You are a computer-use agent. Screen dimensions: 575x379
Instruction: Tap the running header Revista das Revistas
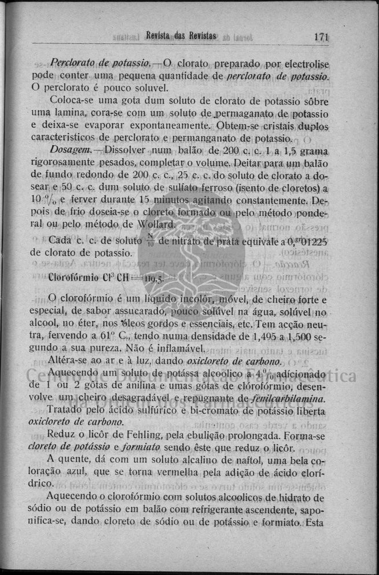pos(182,36)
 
